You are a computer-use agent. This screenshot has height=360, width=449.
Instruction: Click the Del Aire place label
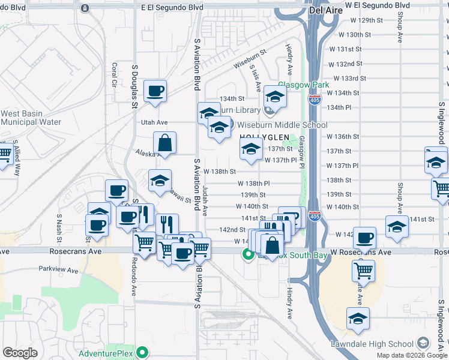[x=325, y=10]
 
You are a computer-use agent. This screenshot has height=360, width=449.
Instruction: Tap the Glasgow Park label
[x=303, y=85]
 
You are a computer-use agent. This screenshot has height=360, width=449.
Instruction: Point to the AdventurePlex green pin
[x=142, y=352]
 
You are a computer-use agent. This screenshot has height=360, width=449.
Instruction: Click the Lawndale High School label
[x=372, y=344]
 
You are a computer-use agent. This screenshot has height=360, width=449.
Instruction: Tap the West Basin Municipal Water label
[x=31, y=118]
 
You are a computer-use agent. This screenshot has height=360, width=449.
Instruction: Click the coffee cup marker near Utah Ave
[x=155, y=91]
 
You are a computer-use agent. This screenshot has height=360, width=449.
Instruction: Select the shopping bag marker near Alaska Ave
[x=164, y=143]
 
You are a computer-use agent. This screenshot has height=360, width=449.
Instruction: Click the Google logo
[x=20, y=353]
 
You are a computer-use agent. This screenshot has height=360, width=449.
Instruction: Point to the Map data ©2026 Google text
[x=412, y=355]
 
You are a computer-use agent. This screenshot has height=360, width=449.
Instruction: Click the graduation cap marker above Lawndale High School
[x=358, y=319]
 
